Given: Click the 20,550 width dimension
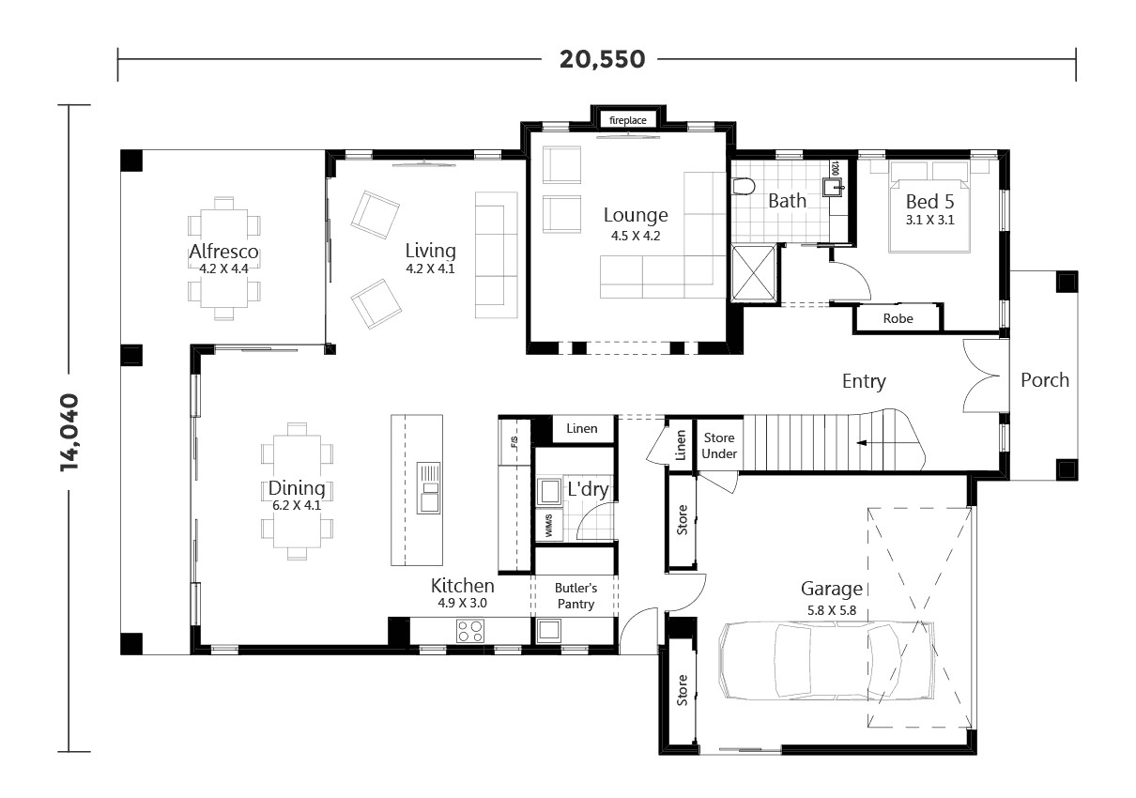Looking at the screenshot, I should (x=602, y=59).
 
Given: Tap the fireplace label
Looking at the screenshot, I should (x=628, y=120).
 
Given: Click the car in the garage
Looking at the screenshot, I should (x=827, y=663).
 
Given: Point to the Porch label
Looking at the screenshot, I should (x=1044, y=380).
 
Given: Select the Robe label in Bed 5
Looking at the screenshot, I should (x=897, y=319).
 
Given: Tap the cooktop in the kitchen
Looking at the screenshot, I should (x=470, y=631).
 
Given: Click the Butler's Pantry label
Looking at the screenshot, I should (x=576, y=596).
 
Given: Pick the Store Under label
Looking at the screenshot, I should (x=719, y=446).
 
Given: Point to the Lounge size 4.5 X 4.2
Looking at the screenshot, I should (x=635, y=237).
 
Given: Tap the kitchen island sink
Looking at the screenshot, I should (x=429, y=486).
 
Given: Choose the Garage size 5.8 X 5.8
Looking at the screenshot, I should (x=831, y=610).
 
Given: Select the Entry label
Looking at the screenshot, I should (x=863, y=381).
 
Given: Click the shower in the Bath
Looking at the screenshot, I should (x=754, y=273).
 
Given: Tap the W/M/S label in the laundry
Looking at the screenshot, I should (x=547, y=527).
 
